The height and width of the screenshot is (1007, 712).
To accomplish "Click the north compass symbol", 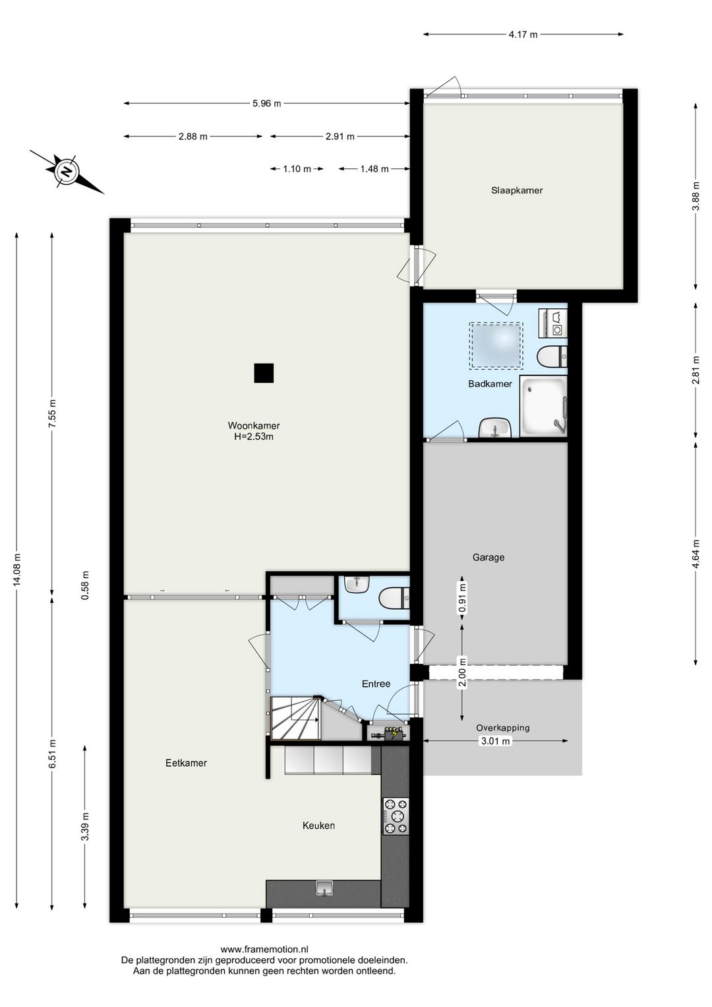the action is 67,172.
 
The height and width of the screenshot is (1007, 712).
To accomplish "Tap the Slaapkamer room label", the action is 517,190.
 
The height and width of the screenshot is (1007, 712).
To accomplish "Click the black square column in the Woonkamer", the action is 264,373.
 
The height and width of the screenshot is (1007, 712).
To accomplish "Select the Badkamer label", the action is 490,384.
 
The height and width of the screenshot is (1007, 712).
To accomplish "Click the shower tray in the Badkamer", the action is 543,406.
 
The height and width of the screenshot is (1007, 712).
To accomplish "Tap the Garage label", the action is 489,558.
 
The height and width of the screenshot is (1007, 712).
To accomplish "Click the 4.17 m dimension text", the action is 523,34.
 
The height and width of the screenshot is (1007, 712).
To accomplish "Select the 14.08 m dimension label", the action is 16,569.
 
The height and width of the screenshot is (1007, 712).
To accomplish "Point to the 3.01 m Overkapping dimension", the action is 496,741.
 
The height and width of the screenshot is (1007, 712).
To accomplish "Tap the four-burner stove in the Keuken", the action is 396,816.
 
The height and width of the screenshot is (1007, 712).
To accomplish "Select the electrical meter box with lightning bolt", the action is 388,734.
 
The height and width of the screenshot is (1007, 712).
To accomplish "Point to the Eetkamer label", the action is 186,763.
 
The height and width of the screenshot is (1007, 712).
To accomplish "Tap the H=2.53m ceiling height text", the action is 254,436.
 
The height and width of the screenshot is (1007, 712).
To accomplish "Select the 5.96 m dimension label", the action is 267,104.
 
